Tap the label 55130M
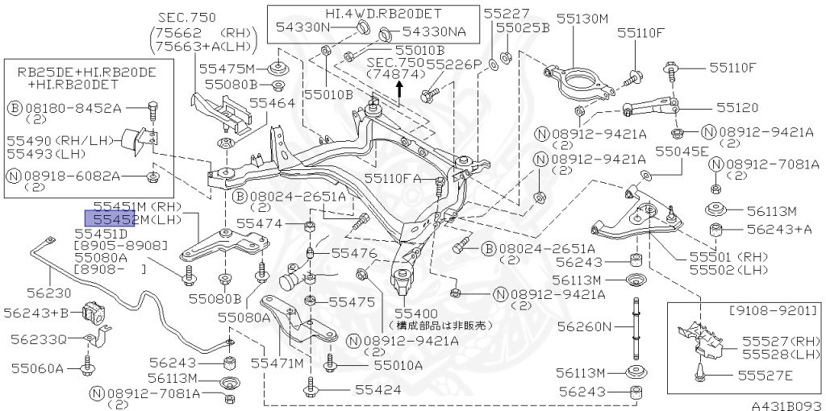click(x=581, y=19)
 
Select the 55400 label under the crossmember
click(x=415, y=313)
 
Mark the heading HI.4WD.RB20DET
click(x=372, y=14)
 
